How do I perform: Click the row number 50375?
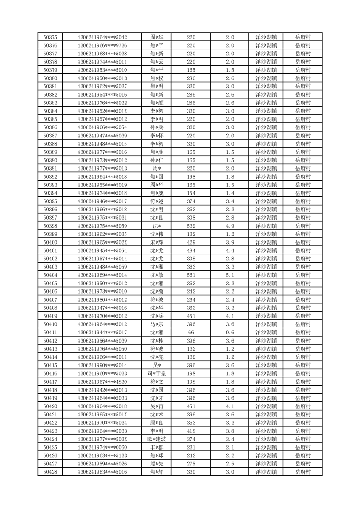pos(50,37)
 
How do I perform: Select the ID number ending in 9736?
pos(102,45)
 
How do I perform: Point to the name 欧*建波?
pos(157,439)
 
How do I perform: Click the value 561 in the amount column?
pos(191,275)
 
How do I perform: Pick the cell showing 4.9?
pos(230,226)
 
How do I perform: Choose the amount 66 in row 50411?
pos(191,333)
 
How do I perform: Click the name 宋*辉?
pos(157,242)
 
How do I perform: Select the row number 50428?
pos(50,472)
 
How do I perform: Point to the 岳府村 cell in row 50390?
pos(302,160)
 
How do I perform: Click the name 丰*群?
pos(157,447)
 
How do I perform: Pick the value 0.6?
pos(230,333)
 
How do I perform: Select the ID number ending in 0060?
pos(102,447)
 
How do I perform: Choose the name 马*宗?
pos(157,324)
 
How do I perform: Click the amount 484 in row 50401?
pos(191,250)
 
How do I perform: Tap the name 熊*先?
pos(157,464)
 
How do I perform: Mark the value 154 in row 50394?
pos(191,193)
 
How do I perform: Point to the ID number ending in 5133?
pos(102,455)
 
